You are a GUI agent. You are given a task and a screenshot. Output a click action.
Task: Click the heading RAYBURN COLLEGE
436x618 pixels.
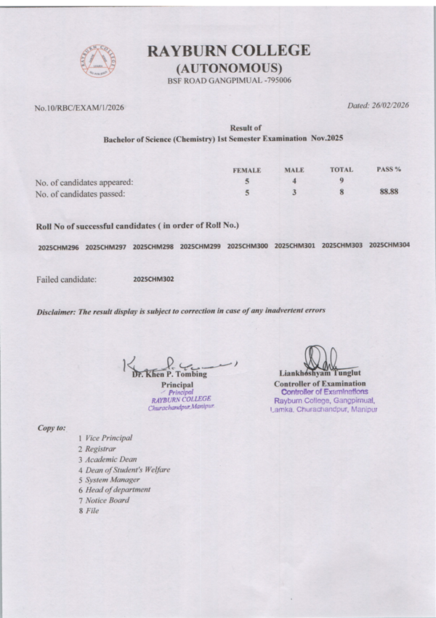click(228, 51)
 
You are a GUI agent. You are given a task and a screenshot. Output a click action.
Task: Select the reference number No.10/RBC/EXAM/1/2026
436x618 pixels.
click(79, 108)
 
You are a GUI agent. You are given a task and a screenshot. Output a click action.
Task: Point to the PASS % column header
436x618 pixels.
click(389, 169)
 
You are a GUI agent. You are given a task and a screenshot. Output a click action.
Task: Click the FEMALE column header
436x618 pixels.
click(246, 170)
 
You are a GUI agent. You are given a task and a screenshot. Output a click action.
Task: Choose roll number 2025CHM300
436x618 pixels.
click(247, 246)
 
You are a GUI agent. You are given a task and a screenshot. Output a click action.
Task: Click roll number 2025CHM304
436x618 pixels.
click(389, 245)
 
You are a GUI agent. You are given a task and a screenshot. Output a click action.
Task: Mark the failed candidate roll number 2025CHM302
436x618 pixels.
click(153, 279)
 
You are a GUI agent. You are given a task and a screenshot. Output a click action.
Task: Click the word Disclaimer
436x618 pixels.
click(56, 312)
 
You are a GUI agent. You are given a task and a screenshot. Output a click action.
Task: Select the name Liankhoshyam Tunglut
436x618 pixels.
click(320, 374)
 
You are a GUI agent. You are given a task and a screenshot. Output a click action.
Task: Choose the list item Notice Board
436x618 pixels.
click(107, 500)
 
